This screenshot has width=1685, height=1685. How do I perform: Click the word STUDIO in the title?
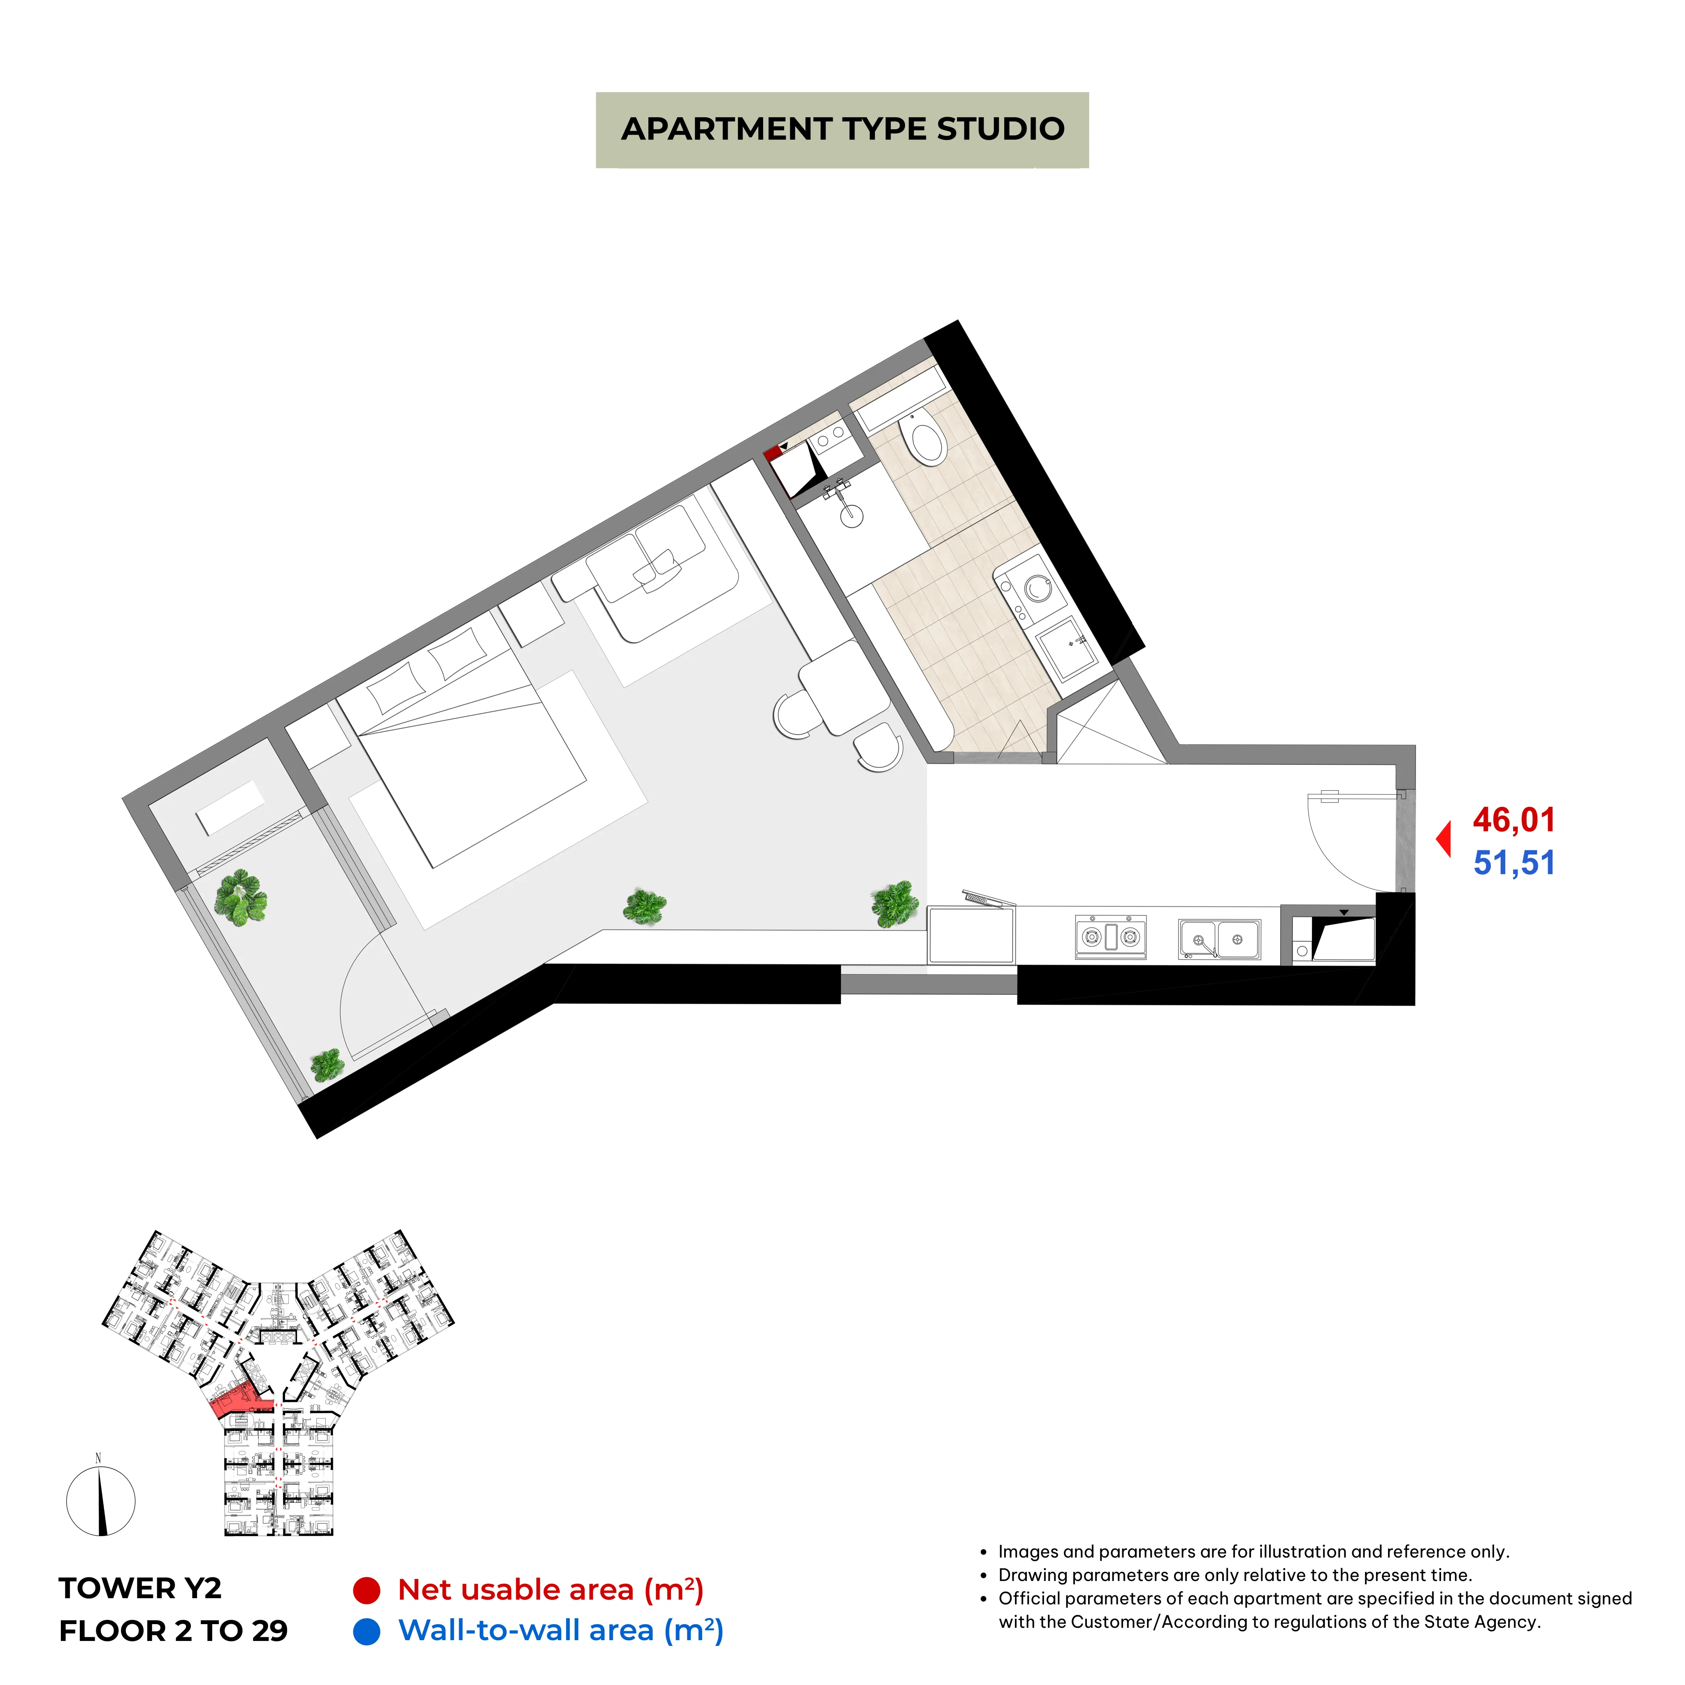(1000, 129)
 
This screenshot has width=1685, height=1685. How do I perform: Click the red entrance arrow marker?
(1444, 839)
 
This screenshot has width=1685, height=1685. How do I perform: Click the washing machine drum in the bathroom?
(1038, 589)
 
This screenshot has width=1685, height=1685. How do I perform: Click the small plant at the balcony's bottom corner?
(327, 1065)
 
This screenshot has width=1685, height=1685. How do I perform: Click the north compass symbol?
(101, 1500)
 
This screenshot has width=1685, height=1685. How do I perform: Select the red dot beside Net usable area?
(366, 1590)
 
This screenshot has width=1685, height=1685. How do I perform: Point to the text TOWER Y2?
(140, 1588)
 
